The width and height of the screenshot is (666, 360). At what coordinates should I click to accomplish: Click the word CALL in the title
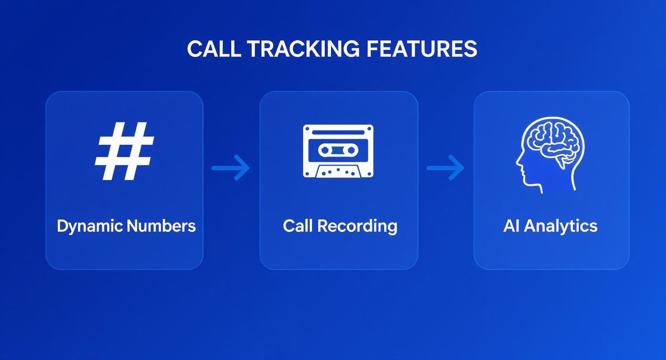(x=214, y=49)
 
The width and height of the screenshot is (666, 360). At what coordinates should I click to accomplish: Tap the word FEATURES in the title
(x=422, y=49)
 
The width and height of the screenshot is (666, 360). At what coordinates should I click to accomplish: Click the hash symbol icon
(x=125, y=151)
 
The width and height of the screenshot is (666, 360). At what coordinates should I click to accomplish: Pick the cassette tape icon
(x=338, y=151)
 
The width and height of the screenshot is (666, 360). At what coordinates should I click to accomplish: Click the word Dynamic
(x=89, y=226)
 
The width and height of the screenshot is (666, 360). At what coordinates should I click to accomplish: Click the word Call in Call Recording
(x=298, y=225)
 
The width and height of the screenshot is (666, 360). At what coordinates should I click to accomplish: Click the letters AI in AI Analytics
(x=511, y=225)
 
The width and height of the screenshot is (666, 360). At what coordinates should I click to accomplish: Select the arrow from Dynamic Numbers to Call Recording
(x=231, y=168)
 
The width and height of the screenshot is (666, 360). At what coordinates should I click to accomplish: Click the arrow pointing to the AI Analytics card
(x=445, y=168)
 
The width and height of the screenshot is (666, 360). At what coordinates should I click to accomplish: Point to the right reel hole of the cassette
(x=351, y=150)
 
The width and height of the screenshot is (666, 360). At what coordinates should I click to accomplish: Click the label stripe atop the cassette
(x=338, y=131)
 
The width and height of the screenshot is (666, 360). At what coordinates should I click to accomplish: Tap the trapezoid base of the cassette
(x=338, y=170)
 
